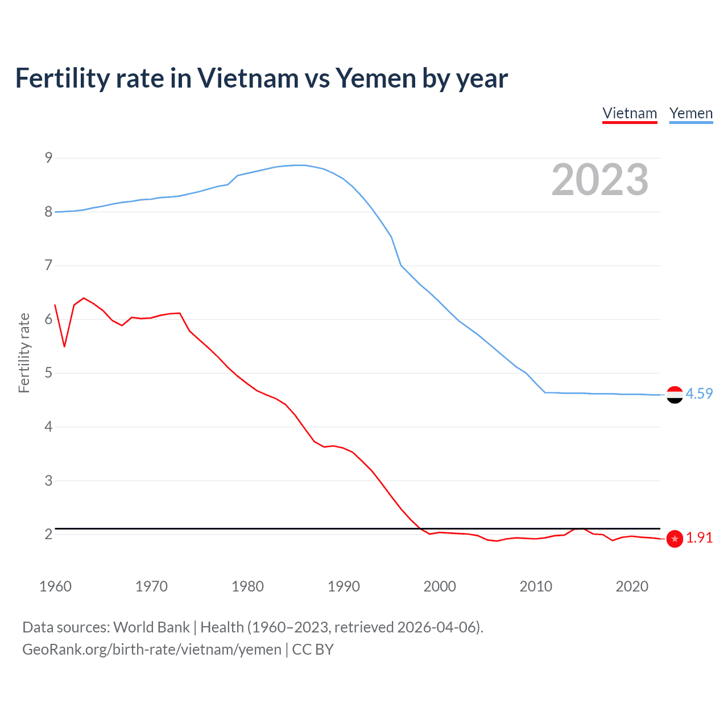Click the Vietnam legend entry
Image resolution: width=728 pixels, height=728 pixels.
pyautogui.click(x=630, y=113)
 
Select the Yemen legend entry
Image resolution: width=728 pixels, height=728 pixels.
pyautogui.click(x=690, y=113)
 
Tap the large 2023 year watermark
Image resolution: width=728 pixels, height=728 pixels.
pyautogui.click(x=599, y=180)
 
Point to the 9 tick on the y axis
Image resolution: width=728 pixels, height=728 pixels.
pyautogui.click(x=48, y=158)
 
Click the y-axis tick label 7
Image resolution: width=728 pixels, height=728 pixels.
pyautogui.click(x=48, y=265)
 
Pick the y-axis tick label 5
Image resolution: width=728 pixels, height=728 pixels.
pyautogui.click(x=48, y=373)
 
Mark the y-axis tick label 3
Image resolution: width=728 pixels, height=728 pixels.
pyautogui.click(x=48, y=481)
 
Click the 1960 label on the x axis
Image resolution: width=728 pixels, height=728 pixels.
pyautogui.click(x=55, y=586)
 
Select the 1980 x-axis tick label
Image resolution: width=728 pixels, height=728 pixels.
pyautogui.click(x=247, y=586)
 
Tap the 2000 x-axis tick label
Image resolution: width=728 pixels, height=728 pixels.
pyautogui.click(x=440, y=586)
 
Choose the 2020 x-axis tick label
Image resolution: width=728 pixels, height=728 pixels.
pyautogui.click(x=632, y=586)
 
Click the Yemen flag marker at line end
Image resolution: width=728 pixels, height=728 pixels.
pyautogui.click(x=675, y=394)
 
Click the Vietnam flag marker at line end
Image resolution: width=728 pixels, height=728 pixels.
pyautogui.click(x=675, y=539)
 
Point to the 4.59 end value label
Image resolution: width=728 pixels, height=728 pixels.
pyautogui.click(x=699, y=394)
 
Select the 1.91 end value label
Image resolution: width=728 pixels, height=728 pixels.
pyautogui.click(x=699, y=538)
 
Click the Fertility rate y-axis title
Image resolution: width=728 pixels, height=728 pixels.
pyautogui.click(x=24, y=353)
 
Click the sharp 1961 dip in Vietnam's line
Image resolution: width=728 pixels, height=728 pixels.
pyautogui.click(x=64, y=346)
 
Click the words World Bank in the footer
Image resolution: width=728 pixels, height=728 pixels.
pyautogui.click(x=151, y=627)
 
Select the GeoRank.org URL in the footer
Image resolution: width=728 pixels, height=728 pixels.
pyautogui.click(x=152, y=650)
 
